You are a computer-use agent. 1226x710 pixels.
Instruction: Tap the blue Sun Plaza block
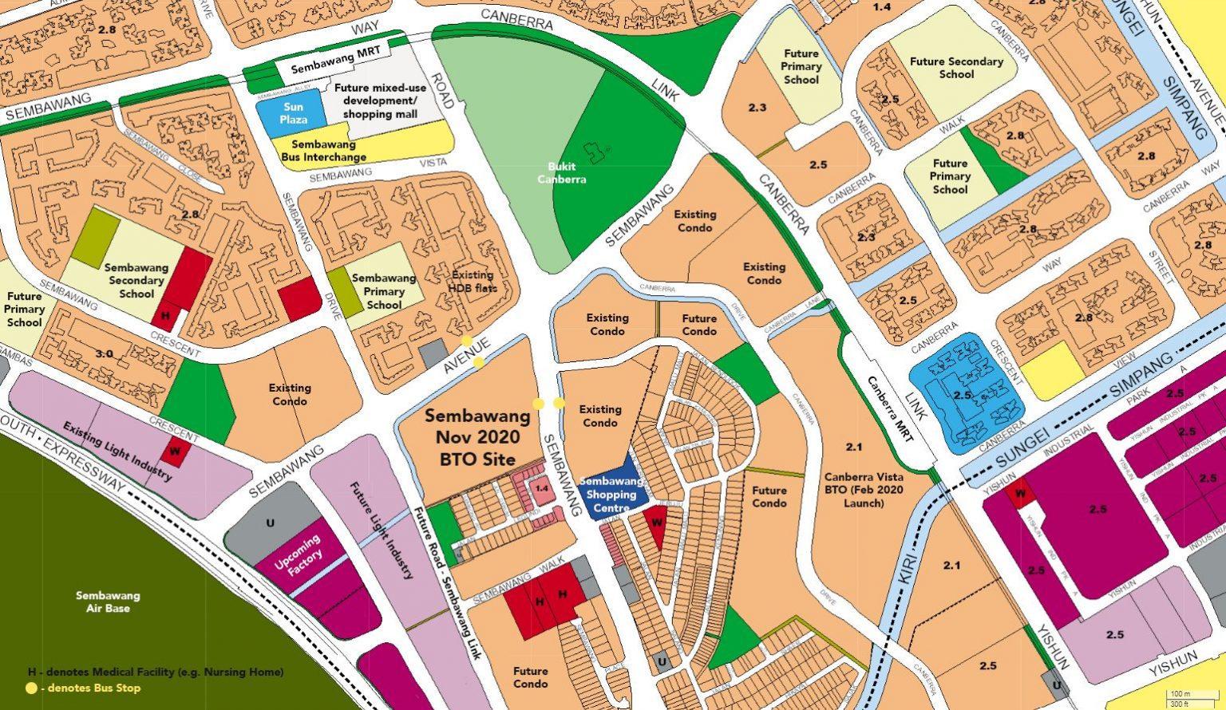[x=293, y=112]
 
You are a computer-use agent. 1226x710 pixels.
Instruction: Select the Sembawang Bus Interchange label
[x=323, y=151]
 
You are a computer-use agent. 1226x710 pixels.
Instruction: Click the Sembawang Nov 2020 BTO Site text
[x=477, y=437]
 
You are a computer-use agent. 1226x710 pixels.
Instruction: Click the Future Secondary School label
[x=956, y=68]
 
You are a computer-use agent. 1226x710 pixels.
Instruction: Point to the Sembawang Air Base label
[x=108, y=602]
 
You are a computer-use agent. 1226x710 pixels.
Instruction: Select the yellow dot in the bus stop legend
[x=32, y=688]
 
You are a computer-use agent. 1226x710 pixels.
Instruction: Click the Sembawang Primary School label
[x=384, y=291]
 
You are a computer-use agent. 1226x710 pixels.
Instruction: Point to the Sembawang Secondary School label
[x=136, y=281]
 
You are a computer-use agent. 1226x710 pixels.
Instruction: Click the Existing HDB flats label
[x=473, y=282]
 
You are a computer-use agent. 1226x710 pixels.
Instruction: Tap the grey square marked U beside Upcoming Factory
[x=270, y=523]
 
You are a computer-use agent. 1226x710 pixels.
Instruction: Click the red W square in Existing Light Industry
[x=173, y=451]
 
